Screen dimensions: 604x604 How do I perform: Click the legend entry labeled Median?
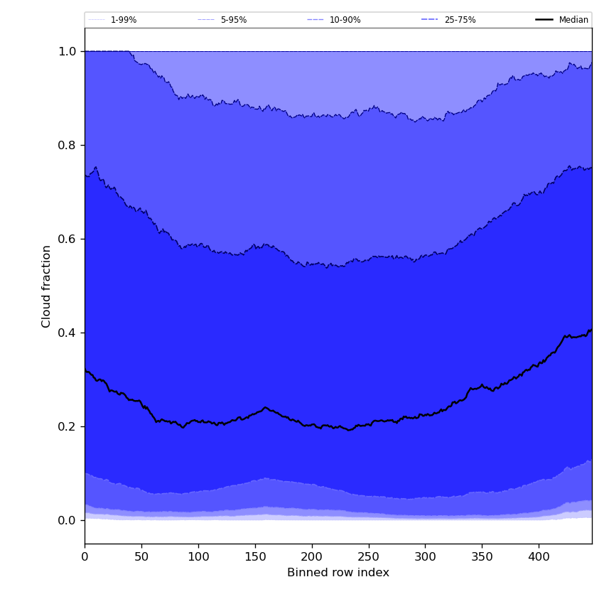(x=573, y=20)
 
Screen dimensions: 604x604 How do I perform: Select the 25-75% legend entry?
(x=460, y=20)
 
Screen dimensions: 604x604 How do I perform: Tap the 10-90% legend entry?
(x=345, y=20)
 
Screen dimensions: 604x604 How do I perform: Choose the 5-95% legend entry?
(x=233, y=20)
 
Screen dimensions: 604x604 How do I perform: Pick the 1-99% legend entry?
(x=123, y=20)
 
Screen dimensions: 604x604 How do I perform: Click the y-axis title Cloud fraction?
(x=47, y=286)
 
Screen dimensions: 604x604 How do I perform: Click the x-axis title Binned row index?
(x=338, y=573)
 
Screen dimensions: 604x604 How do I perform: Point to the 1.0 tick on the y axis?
(x=68, y=51)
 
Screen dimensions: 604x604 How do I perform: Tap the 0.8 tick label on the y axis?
(x=68, y=145)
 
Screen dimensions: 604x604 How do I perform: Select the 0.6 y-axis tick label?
(x=68, y=239)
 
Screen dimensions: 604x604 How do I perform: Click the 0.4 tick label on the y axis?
(x=68, y=333)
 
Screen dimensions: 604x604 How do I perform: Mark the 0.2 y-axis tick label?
(x=68, y=426)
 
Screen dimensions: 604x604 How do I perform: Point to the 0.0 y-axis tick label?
(x=68, y=520)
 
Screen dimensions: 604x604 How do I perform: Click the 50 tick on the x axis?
(x=141, y=557)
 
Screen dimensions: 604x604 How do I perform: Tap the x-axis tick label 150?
(x=255, y=557)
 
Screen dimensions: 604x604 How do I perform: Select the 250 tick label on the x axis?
(x=369, y=557)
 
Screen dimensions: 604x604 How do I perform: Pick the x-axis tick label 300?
(x=425, y=557)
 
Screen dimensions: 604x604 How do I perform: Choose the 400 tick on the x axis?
(x=539, y=557)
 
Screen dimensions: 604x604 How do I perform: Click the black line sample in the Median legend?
(x=544, y=20)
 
